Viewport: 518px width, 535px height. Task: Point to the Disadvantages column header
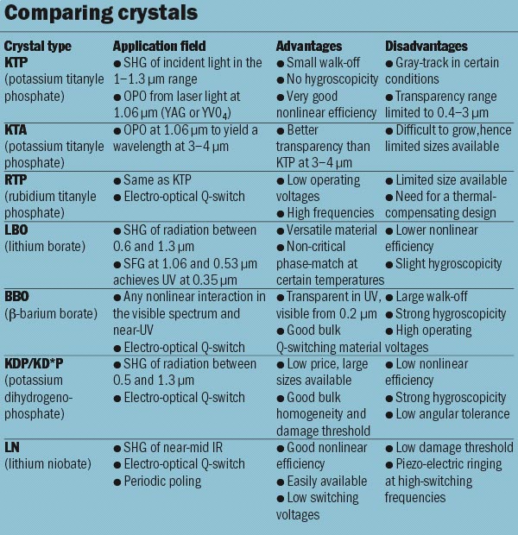(x=427, y=46)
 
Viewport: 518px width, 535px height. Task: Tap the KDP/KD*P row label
(x=37, y=363)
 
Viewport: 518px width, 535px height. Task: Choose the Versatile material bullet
(x=331, y=230)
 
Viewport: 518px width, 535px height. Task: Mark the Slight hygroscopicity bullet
(x=443, y=263)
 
